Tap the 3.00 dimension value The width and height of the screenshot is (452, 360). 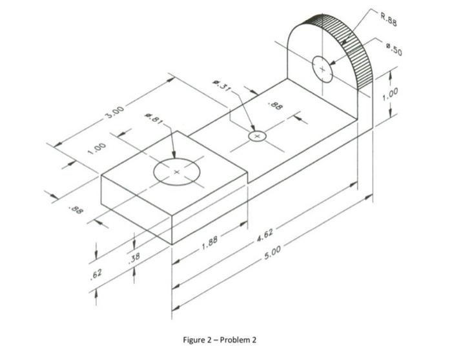(115, 112)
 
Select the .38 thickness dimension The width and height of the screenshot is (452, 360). (135, 259)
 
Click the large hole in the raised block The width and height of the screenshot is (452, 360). (176, 172)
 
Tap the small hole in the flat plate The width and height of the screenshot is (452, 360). (257, 137)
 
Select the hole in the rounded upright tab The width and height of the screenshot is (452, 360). (323, 69)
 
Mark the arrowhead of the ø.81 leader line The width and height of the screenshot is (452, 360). (175, 155)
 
